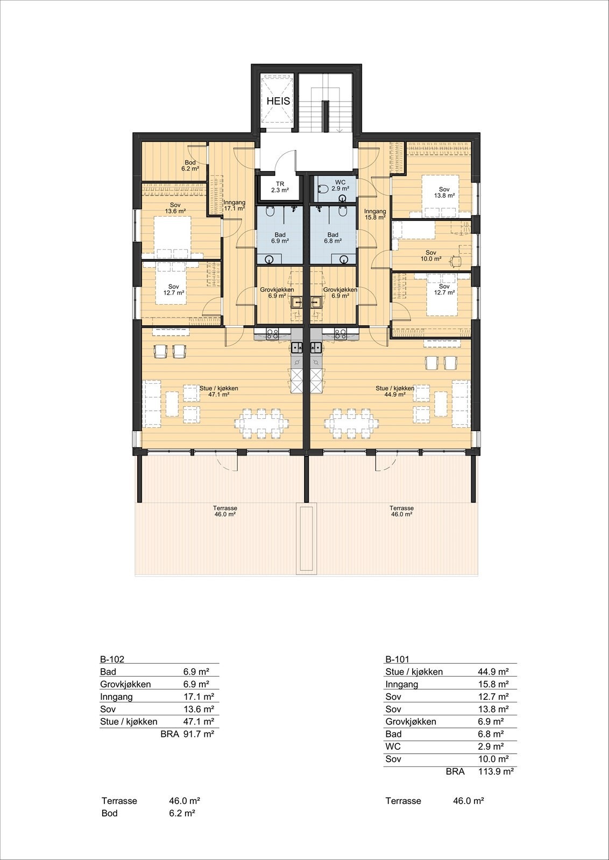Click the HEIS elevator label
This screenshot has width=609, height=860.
click(278, 101)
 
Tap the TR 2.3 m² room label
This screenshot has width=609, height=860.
click(280, 187)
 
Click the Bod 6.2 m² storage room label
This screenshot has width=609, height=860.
click(190, 166)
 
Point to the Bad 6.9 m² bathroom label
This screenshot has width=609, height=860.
click(280, 238)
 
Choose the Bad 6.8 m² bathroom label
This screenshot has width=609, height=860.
click(332, 238)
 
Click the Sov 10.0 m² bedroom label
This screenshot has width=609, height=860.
click(430, 255)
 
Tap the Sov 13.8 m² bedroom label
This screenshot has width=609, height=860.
click(444, 192)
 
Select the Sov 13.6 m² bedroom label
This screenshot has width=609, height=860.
click(175, 208)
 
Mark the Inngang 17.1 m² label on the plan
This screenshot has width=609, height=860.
click(234, 205)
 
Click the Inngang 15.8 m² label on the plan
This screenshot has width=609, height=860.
click(375, 214)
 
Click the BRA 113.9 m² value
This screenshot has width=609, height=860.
click(495, 772)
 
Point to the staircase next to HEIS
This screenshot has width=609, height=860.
click(325, 105)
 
